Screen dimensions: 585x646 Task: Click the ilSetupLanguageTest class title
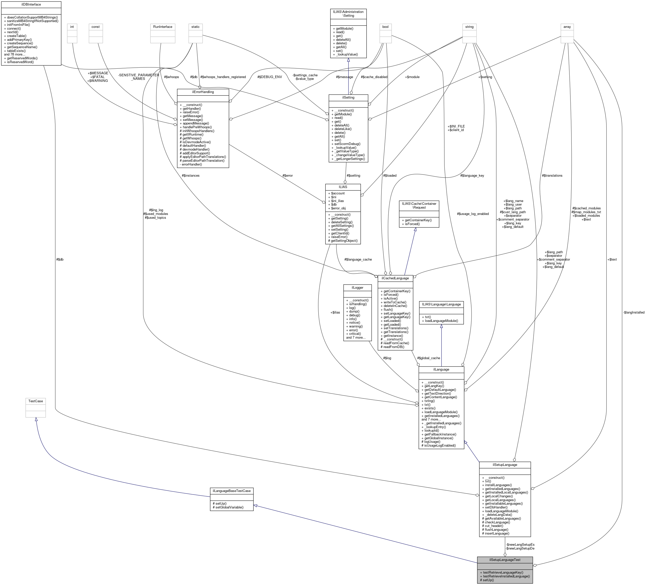coord(505,560)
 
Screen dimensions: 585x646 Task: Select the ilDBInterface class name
coord(31,5)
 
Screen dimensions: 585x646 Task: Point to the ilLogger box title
coord(358,287)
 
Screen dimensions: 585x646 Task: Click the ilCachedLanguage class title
coord(395,278)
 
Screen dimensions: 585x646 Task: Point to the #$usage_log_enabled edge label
coord(473,214)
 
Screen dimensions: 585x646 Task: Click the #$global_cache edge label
coord(428,358)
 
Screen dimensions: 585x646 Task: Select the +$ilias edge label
coord(335,312)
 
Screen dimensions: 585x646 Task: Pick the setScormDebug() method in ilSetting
coord(346,144)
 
